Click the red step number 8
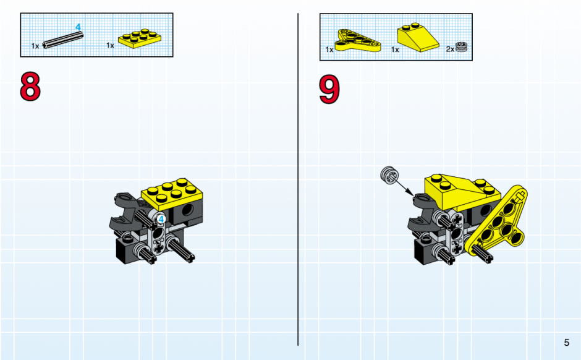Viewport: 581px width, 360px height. [30, 87]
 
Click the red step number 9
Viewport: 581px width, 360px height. [329, 89]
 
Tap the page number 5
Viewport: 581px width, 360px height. [566, 343]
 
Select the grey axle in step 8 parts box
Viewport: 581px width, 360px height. [62, 40]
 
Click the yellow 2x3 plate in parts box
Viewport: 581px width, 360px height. [139, 38]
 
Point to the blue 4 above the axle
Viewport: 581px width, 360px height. [78, 27]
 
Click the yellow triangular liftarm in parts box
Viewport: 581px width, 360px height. [357, 41]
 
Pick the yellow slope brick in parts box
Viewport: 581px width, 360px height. [418, 38]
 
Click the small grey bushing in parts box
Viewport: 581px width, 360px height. [461, 47]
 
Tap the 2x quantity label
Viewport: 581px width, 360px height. [450, 49]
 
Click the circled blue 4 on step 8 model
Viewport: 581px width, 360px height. [161, 219]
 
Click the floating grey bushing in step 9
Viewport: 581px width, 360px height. [389, 174]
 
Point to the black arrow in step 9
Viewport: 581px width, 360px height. [405, 187]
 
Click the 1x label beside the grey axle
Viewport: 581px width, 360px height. [35, 46]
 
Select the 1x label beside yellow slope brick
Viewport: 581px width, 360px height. [395, 49]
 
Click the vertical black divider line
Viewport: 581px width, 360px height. [298, 179]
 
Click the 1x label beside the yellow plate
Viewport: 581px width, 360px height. [110, 45]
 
